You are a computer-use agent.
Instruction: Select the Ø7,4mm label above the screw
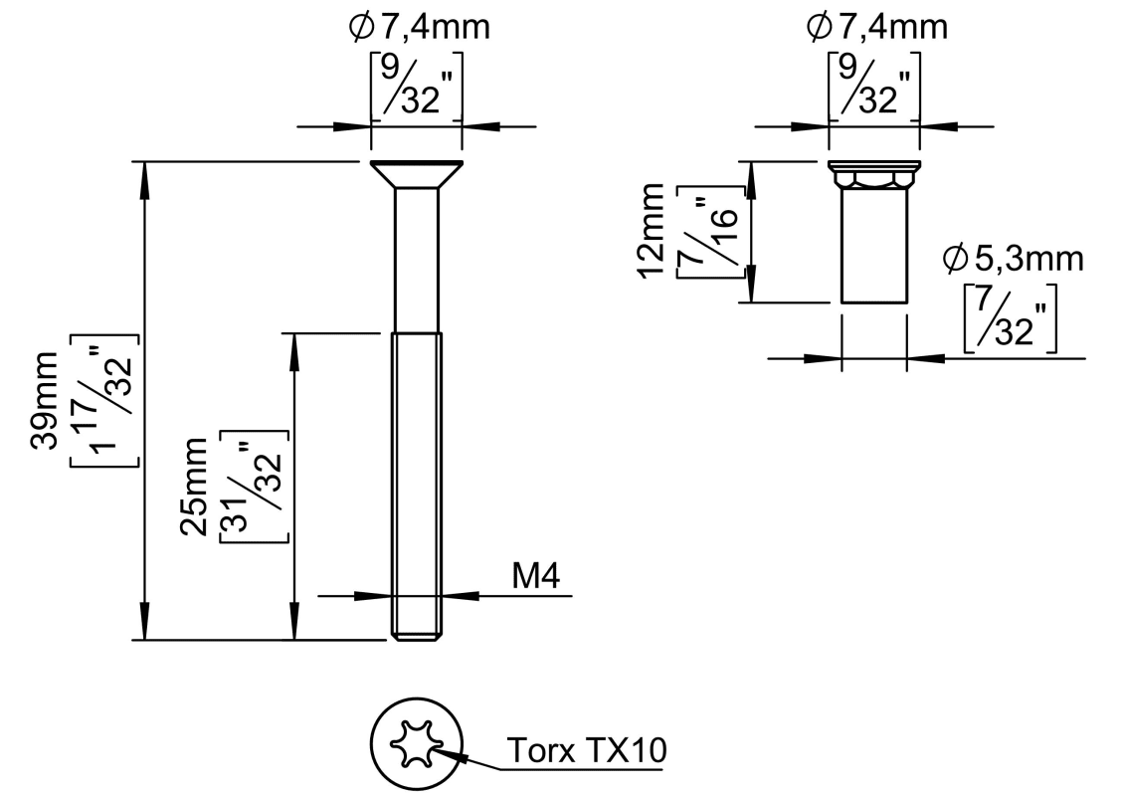click(419, 27)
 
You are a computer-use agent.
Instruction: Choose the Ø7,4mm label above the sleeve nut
click(876, 27)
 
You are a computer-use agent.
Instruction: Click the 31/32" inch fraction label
click(255, 487)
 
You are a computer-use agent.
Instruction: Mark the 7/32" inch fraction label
click(1011, 318)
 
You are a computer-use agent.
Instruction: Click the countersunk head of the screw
click(417, 174)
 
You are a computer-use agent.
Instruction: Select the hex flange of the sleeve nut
click(874, 177)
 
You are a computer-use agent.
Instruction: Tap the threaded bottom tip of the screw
click(417, 634)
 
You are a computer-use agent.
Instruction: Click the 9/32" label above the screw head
click(418, 87)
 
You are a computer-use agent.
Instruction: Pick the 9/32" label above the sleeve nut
click(874, 87)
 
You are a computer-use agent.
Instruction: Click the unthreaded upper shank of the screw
click(417, 259)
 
